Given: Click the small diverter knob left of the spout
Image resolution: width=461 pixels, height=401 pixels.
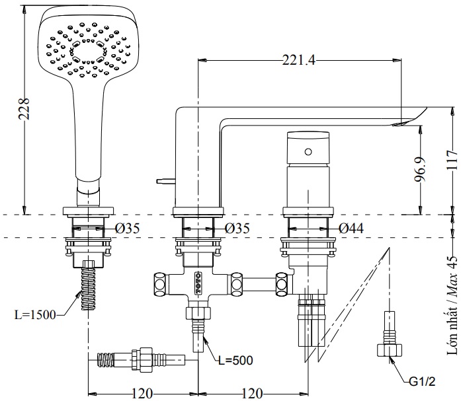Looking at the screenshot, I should [x=162, y=180].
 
